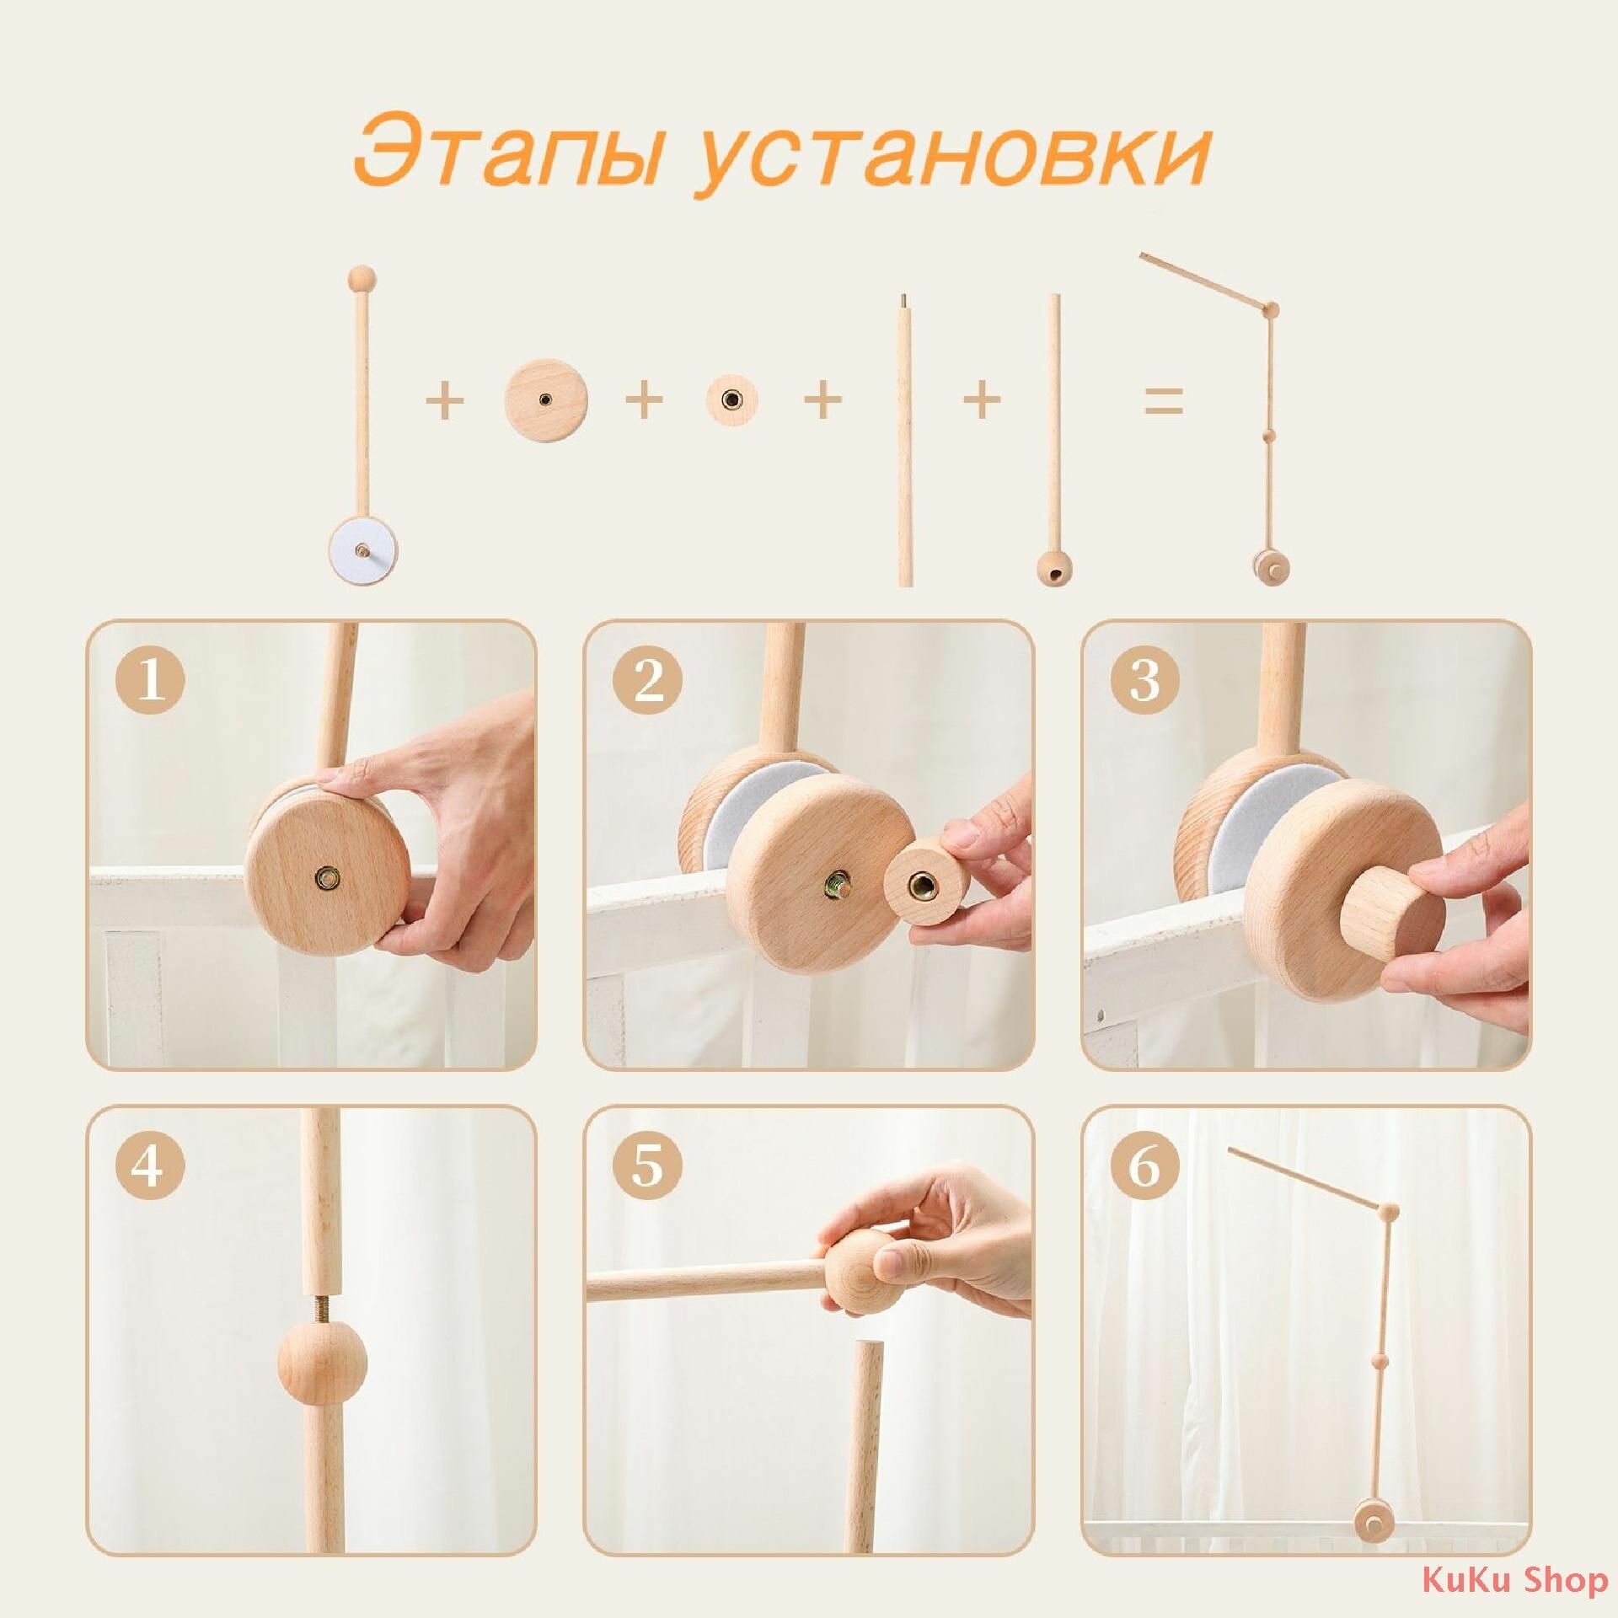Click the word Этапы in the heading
506,153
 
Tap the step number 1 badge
150,681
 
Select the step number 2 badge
647,681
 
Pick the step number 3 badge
1144,681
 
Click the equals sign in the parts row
1164,400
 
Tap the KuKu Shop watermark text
1514,1580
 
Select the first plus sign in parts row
445,400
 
